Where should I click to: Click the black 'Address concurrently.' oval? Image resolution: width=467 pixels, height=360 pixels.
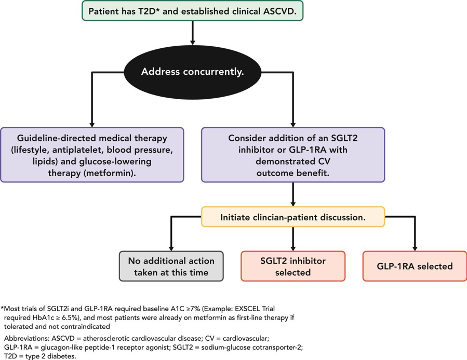192,72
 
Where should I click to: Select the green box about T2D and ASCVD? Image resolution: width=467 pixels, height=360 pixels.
192,11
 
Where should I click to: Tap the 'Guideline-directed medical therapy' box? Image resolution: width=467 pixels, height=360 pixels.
92,155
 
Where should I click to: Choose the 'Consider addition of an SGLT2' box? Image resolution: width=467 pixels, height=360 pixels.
293,155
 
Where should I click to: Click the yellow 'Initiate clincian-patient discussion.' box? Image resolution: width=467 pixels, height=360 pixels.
293,217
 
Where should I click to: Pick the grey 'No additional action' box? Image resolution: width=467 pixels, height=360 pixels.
171,266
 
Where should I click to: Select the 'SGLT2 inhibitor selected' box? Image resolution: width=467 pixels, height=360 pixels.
293,266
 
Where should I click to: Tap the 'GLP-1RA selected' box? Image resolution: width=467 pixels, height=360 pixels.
415,266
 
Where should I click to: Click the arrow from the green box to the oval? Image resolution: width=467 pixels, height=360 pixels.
192,33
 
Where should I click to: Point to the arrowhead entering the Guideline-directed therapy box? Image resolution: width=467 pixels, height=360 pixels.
92,125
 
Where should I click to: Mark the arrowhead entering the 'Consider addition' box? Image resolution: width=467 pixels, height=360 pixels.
293,125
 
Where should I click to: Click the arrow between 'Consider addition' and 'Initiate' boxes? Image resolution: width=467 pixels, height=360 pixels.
293,194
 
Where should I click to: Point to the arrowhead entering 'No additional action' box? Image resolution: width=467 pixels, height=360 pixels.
171,248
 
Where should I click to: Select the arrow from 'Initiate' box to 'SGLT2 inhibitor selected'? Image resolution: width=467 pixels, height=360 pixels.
293,239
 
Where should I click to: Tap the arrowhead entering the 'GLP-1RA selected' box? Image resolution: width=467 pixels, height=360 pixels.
415,248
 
